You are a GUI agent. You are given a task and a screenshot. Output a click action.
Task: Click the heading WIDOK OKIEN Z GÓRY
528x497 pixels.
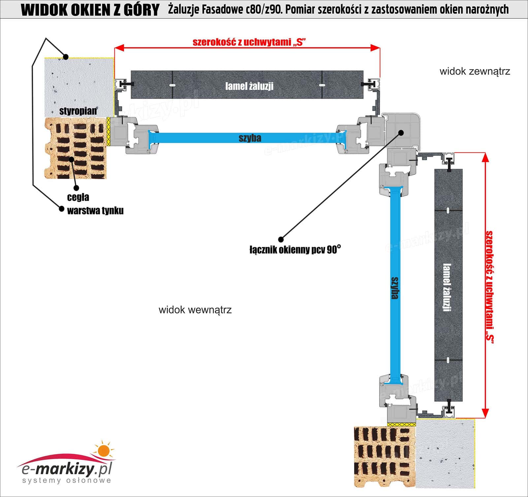pos(90,10)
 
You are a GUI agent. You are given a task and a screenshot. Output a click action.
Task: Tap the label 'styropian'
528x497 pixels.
pos(78,111)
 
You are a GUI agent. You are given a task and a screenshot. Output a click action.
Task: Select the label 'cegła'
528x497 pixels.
pos(78,197)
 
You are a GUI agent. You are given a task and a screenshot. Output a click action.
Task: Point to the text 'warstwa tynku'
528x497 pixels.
pos(95,210)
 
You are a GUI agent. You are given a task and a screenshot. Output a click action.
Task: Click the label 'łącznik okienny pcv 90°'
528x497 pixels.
pos(295,250)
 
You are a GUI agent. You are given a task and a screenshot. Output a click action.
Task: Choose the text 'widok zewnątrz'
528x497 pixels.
pos(475,71)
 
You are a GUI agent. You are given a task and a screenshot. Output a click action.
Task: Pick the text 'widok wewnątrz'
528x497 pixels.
pos(195,310)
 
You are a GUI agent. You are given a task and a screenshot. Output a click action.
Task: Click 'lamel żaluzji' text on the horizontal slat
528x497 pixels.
pos(249,86)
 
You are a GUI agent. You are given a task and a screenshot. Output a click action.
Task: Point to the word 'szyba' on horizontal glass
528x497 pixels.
pos(250,138)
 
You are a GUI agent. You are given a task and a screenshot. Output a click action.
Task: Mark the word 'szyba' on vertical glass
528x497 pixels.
pos(394,288)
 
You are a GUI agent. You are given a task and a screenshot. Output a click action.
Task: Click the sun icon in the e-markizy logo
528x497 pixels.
pos(103,450)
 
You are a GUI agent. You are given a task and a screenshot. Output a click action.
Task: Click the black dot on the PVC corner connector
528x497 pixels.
pos(401,133)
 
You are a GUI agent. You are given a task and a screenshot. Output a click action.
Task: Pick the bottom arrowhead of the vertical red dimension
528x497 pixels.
pos(485,413)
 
